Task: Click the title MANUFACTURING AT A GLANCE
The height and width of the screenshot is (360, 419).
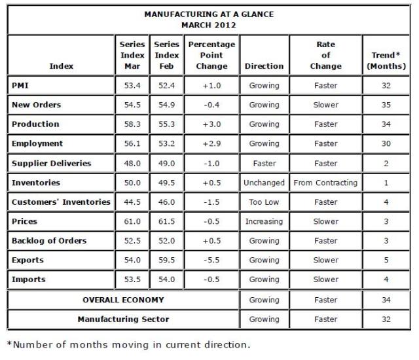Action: pos(209,14)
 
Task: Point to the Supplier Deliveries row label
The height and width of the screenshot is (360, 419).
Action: pos(51,163)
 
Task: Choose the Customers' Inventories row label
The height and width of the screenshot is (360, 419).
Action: pos(61,202)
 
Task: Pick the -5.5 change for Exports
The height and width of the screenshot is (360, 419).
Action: pos(211,261)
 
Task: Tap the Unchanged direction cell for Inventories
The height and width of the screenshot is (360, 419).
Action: pos(264,183)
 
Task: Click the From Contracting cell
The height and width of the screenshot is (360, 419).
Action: pos(325,183)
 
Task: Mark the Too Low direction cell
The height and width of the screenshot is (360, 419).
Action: pos(264,202)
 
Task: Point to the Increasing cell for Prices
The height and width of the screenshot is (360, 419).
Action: pos(264,221)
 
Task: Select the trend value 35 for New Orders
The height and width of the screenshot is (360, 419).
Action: pos(386,105)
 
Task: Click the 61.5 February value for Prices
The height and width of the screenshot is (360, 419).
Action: pos(166,221)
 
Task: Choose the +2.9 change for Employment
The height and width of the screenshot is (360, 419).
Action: pos(211,143)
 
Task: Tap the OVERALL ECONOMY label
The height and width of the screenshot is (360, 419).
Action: pos(123,300)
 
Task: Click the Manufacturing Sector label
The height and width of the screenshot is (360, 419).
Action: pos(123,319)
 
